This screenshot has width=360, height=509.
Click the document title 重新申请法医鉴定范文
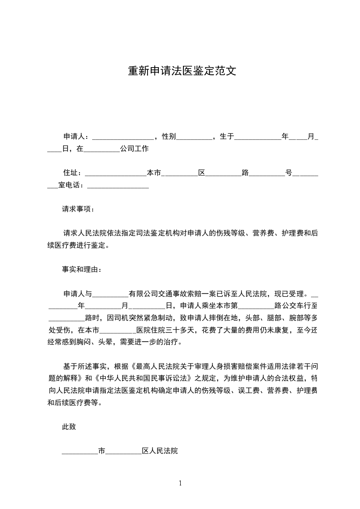pos(182,72)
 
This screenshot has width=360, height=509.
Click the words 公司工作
pos(134,149)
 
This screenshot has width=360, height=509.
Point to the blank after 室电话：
pos(118,186)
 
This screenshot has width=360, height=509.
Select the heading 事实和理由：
pos(82,269)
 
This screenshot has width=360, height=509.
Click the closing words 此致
pos(69,426)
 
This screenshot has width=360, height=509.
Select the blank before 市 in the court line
pos(80,452)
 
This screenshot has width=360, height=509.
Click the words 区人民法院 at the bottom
pos(160,451)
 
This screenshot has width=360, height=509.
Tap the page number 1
pos(180,483)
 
